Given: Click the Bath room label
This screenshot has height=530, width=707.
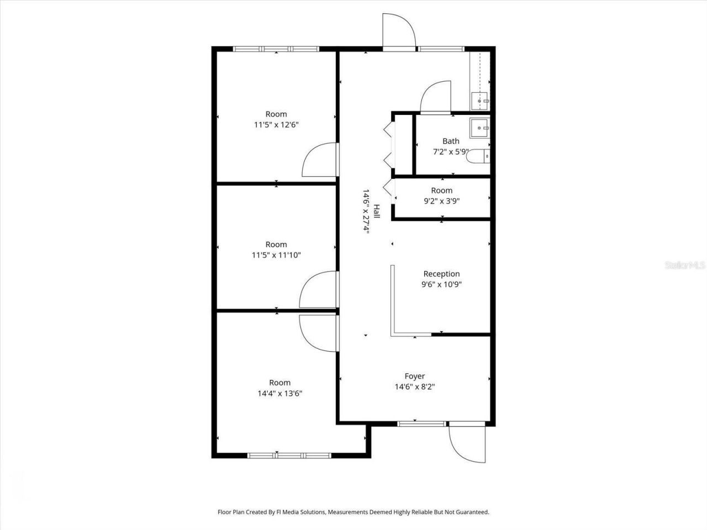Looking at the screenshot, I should tap(451, 141).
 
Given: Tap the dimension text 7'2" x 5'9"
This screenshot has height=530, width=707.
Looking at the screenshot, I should tap(451, 151).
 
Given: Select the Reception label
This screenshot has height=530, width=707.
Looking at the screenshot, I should tap(441, 274).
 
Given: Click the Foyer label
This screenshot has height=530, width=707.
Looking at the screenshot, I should tap(415, 377).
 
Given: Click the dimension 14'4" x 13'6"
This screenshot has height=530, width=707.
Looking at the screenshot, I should tap(279, 394).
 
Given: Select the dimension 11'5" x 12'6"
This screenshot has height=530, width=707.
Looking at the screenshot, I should tap(276, 125).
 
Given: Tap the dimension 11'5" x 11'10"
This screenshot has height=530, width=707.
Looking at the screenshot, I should tap(276, 255).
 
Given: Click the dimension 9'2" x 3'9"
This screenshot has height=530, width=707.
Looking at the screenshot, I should tap(441, 201).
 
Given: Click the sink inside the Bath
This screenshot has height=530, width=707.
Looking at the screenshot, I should tap(479, 128).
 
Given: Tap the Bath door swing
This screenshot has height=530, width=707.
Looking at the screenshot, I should tap(436, 98).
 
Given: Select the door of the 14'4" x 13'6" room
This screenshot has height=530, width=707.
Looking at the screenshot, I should tap(317, 332).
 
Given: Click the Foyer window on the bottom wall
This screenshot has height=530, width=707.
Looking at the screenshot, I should tap(423, 423).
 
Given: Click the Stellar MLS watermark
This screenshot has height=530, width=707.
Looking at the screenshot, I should tap(685, 265).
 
